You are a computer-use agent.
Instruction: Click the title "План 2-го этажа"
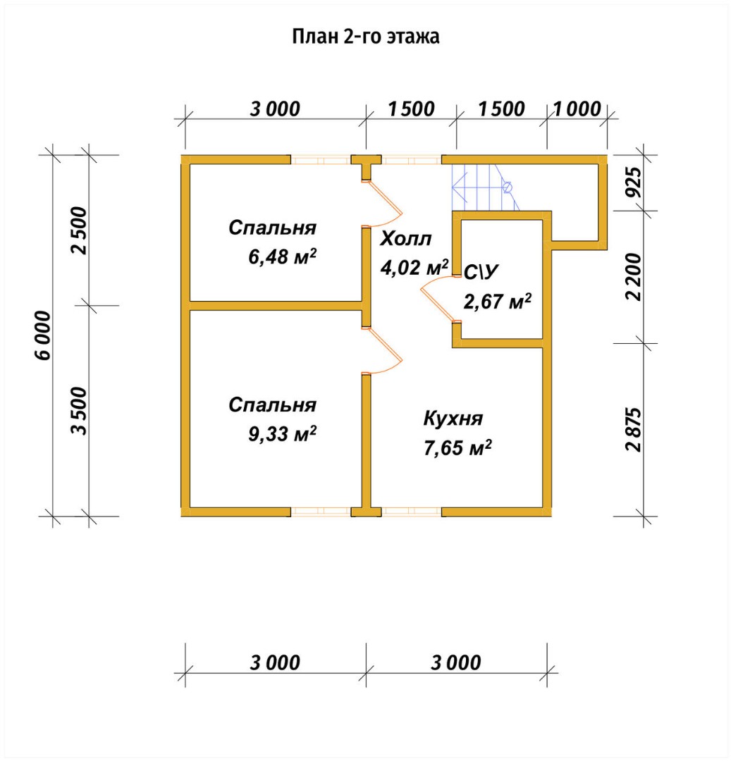click(x=366, y=37)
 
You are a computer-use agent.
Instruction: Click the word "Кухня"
click(x=453, y=419)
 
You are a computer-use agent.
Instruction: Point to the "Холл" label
click(x=405, y=239)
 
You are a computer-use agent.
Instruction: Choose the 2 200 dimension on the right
click(x=634, y=277)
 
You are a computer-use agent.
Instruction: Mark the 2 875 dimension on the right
click(x=634, y=429)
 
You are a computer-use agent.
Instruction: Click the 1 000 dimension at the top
click(x=577, y=109)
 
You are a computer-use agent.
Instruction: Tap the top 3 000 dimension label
click(x=275, y=109)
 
